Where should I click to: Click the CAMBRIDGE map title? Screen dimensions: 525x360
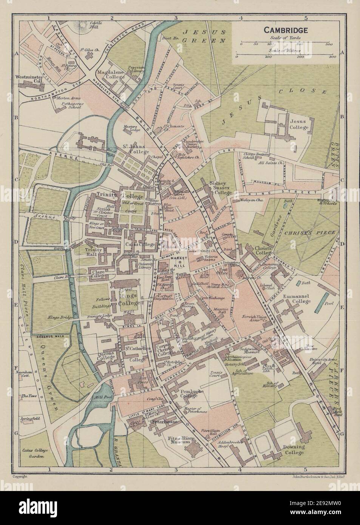286,30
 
